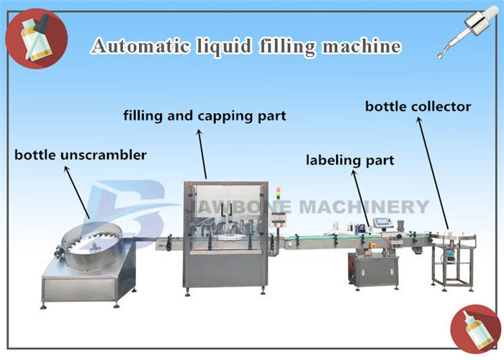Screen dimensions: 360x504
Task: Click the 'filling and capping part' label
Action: (x=204, y=115)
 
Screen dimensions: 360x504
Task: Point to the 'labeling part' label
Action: (x=350, y=160)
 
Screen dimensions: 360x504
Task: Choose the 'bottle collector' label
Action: (x=418, y=107)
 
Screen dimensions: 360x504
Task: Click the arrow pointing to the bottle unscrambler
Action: (x=78, y=191)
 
